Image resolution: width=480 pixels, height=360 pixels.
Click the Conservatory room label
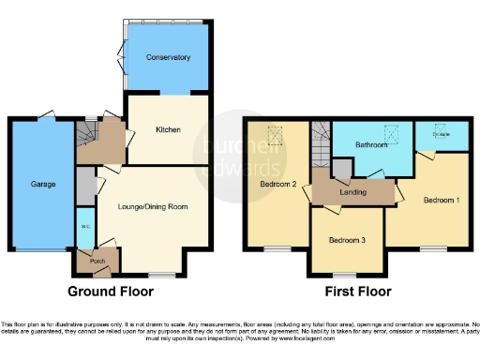click(168, 58)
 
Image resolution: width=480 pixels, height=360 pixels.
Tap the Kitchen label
click(168, 129)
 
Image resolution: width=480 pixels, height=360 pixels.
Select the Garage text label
click(40, 185)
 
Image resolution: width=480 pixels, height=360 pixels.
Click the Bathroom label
click(372, 145)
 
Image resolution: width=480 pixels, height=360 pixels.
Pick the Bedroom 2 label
click(277, 185)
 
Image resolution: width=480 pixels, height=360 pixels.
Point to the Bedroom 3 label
click(347, 239)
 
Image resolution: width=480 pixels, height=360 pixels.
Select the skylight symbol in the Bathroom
click(395, 131)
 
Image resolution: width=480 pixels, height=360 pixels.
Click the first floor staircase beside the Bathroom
click(321, 145)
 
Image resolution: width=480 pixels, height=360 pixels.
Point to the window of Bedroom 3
click(346, 274)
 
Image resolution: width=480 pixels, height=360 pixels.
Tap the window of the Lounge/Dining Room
click(162, 274)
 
